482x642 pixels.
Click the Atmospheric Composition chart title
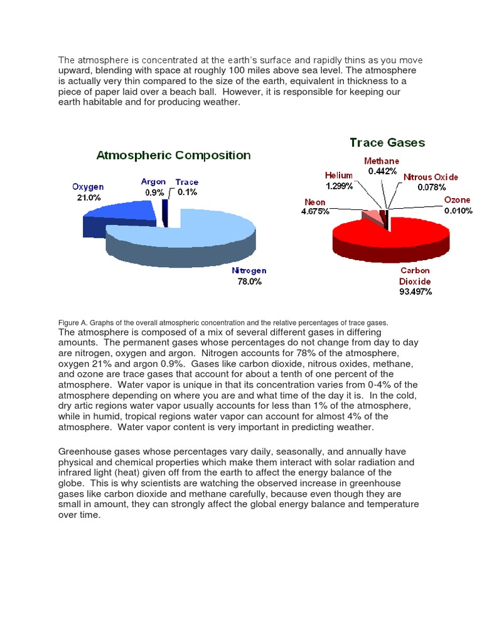coord(173,155)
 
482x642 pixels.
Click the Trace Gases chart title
coord(387,142)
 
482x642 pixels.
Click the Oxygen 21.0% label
coord(88,192)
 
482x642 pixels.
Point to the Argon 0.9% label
coord(154,187)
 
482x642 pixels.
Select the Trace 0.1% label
coord(187,187)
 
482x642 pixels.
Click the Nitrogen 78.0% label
coord(249,276)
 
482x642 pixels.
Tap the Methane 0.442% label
coord(382,166)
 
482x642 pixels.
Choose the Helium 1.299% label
coord(339,181)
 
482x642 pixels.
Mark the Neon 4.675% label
coord(315,207)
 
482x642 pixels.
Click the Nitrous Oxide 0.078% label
coord(431,182)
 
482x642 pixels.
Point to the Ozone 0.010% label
coord(458,205)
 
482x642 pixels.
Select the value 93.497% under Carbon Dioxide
coord(415,292)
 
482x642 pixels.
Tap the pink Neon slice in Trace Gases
coord(372,216)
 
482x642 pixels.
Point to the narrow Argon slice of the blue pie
coord(165,212)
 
